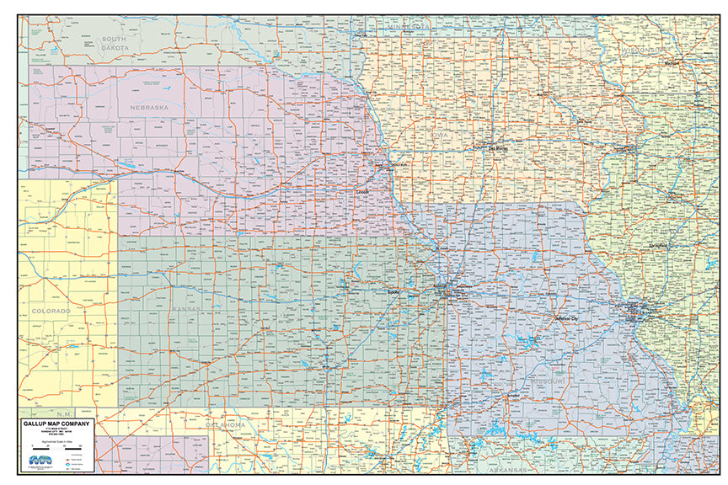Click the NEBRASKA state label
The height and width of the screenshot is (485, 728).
pyautogui.click(x=149, y=108)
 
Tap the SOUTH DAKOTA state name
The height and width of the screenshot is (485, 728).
pyautogui.click(x=115, y=44)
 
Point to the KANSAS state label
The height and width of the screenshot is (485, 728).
pyautogui.click(x=187, y=309)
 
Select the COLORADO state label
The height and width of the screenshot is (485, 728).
pyautogui.click(x=52, y=311)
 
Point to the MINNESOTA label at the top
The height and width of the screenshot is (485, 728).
pyautogui.click(x=408, y=28)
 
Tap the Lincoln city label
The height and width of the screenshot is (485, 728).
pyautogui.click(x=362, y=191)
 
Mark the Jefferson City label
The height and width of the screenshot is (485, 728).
pyautogui.click(x=565, y=319)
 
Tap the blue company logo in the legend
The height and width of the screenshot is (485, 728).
pyautogui.click(x=38, y=460)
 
